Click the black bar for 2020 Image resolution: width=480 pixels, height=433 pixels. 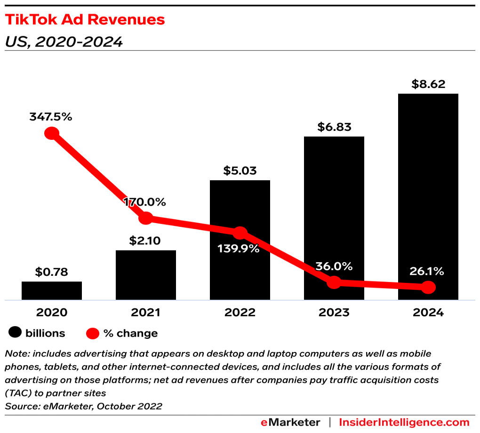52,290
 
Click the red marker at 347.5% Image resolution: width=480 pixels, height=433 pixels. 52,133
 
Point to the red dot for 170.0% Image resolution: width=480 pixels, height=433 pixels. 146,218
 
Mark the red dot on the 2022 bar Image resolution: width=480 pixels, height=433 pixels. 240,233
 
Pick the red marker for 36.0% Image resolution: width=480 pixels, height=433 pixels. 334,282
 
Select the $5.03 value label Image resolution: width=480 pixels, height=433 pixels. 240,170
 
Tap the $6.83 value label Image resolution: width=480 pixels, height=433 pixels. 334,127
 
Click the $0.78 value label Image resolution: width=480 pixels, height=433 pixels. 52,272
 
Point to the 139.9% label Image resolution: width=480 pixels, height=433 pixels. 238,249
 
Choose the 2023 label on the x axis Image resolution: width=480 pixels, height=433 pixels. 334,313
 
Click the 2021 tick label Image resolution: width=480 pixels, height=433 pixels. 146,313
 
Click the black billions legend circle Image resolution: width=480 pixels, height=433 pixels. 15,333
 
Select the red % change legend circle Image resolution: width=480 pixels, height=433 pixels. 93,333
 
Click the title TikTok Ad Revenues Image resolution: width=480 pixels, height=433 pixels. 85,19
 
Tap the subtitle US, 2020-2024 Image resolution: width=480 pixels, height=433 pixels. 64,42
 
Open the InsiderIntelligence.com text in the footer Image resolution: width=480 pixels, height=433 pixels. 404,422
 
